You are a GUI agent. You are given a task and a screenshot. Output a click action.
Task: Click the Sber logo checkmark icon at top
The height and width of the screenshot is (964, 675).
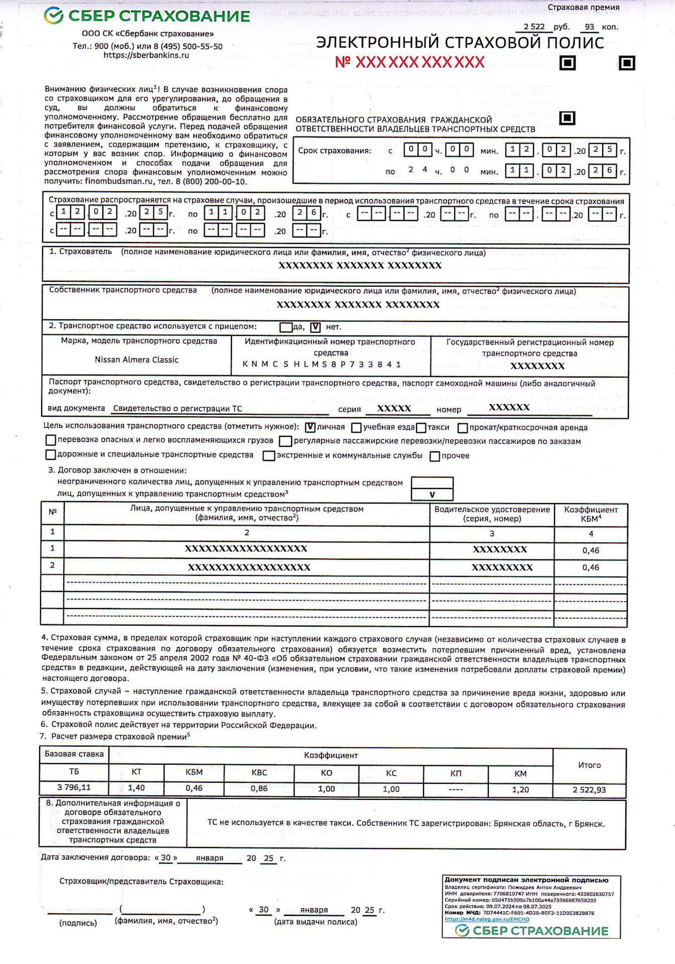coord(53,16)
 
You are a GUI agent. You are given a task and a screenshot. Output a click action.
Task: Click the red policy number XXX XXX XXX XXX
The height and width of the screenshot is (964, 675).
coord(410,62)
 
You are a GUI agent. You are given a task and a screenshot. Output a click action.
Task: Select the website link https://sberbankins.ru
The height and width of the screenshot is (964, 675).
coord(146,55)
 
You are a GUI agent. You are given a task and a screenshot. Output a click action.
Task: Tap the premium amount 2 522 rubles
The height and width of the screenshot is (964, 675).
coord(533,27)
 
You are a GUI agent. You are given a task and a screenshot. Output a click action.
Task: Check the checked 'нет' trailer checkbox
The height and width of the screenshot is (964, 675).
coord(315,327)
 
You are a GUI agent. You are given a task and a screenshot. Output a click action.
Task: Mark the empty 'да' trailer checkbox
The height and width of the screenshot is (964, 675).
coord(286,327)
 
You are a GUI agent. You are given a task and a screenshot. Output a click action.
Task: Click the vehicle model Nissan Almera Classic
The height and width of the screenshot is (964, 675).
coord(137,359)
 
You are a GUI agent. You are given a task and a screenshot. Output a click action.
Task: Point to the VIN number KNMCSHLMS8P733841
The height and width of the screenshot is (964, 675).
coord(322,364)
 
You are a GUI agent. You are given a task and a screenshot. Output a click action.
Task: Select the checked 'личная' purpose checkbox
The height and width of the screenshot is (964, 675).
coord(310,427)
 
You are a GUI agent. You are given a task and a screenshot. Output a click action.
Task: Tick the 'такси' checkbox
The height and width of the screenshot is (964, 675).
coord(421,428)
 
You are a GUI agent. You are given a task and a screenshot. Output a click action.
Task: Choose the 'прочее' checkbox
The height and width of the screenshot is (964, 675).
coord(435,456)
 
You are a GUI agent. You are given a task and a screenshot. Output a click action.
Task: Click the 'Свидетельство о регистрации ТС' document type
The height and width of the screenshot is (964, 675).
coord(177,409)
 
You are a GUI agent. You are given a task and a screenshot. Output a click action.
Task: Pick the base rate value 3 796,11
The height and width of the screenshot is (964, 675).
coord(74,787)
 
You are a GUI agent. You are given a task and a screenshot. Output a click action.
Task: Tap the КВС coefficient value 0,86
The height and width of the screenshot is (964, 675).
coord(259,788)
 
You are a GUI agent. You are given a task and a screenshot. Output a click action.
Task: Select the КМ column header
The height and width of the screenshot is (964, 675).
coord(520,774)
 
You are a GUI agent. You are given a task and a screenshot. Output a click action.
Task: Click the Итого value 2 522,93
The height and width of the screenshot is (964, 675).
coord(589,790)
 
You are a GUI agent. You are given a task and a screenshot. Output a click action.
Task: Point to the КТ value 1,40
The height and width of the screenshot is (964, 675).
coord(136,788)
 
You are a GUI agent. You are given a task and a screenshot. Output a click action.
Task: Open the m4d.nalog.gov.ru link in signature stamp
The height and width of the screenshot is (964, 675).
coord(486,919)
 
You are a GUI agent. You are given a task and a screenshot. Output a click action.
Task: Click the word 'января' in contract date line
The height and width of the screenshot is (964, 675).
coord(209,858)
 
